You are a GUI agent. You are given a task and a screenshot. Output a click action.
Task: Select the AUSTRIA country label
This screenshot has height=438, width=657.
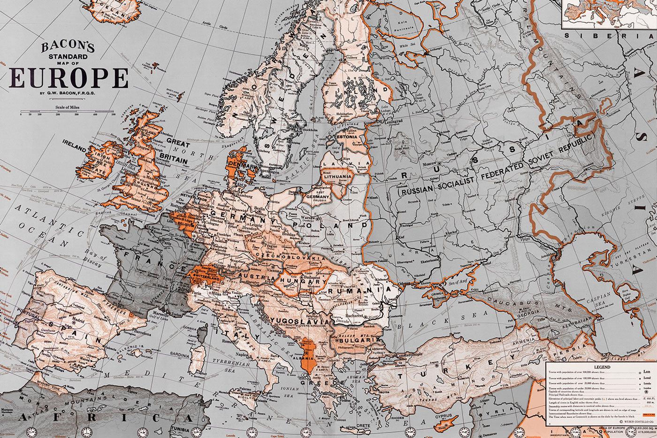[257, 277]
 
